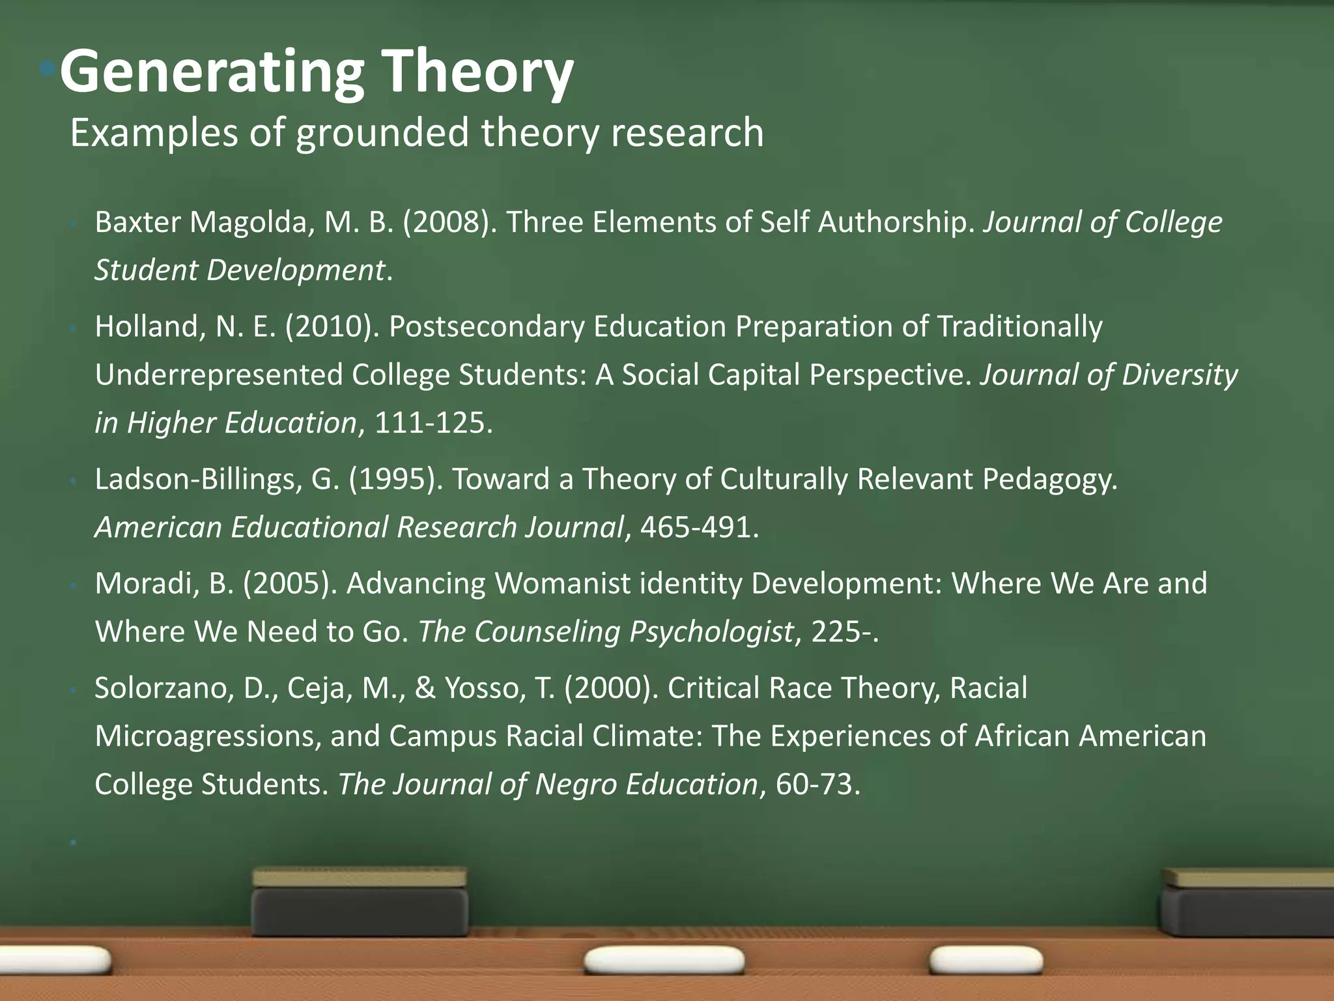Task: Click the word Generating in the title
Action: (212, 73)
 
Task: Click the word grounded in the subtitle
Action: (382, 133)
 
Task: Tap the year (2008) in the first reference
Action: (450, 222)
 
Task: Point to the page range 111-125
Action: (430, 423)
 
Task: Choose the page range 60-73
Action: (814, 784)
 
